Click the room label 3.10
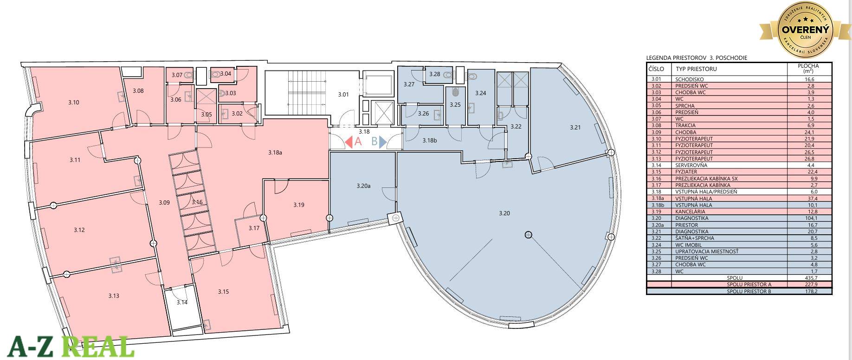[x=73, y=102]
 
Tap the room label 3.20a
[x=363, y=186]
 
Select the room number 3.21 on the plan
[x=575, y=127]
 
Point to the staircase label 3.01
[x=343, y=95]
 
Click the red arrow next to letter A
[x=348, y=142]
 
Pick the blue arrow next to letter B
[x=383, y=142]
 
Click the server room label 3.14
[x=182, y=302]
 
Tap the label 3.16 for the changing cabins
[x=197, y=202]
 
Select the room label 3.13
[x=114, y=296]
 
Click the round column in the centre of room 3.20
[x=528, y=235]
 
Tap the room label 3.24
[x=480, y=93]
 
